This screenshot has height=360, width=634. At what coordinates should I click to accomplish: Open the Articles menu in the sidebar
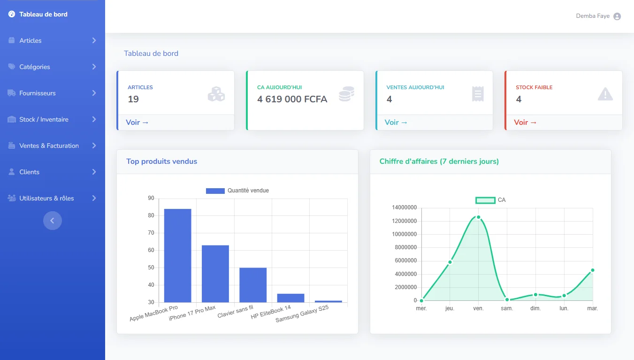coord(31,40)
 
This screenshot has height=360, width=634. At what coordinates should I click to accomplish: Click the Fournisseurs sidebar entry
coord(38,93)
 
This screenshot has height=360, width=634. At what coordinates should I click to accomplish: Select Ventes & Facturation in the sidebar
coord(49,146)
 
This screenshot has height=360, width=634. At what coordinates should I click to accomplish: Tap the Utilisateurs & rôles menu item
coord(46,198)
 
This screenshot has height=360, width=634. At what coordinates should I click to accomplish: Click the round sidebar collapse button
coord(53,221)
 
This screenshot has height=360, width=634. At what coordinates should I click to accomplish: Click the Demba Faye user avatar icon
coord(617,16)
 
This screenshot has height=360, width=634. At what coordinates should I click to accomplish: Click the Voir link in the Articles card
coord(137,123)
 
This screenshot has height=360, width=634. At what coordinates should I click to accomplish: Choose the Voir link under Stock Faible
coord(525,123)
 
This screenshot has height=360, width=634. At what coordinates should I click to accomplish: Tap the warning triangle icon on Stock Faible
coord(605,94)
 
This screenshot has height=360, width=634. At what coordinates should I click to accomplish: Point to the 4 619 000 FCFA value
coord(292,99)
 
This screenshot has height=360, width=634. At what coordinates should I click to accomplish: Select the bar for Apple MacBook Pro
coord(177,255)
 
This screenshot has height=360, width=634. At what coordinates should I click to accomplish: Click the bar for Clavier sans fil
coord(253,285)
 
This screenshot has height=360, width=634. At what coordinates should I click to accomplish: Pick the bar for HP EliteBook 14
coord(290,298)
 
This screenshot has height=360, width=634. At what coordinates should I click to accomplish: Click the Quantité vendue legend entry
coord(237,191)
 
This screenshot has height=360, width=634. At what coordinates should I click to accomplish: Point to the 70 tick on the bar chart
coord(151,233)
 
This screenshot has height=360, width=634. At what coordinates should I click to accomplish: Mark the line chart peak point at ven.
coord(478,217)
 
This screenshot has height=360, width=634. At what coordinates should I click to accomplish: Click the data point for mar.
coord(593,270)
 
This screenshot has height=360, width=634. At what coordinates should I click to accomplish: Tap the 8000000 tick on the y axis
coord(404,247)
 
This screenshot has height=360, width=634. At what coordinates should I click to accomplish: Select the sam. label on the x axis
coord(507,308)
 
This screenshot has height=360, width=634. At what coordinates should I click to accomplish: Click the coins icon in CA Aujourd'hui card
coord(346,94)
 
